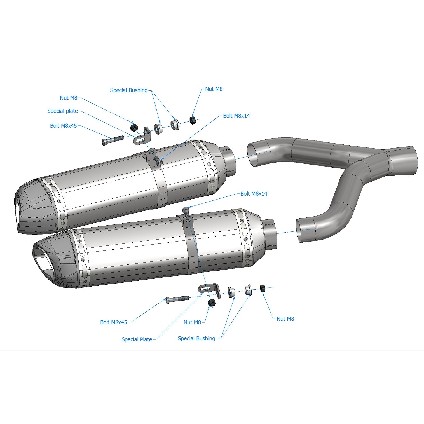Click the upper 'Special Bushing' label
(128, 90)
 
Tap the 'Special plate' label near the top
(62, 111)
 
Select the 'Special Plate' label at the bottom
(137, 339)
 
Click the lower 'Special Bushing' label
(196, 338)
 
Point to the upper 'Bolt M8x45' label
(63, 126)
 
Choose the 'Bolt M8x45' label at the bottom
(113, 322)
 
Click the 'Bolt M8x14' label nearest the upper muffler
(236, 116)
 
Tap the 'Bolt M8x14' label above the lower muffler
(254, 194)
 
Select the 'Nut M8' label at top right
(214, 89)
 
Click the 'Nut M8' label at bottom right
(285, 319)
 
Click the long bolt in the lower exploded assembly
(177, 299)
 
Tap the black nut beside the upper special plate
(134, 127)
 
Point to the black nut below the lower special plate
(212, 303)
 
